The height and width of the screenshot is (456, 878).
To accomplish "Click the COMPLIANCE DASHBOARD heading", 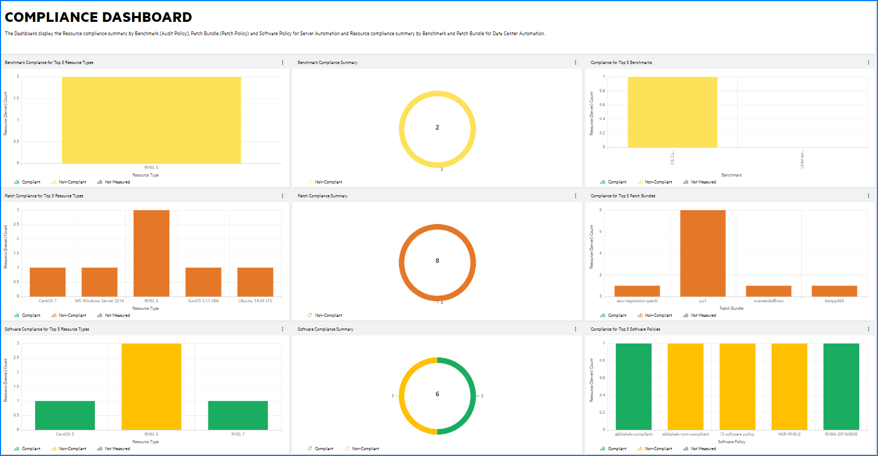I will [99, 17].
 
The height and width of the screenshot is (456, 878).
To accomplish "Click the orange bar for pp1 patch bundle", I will [703, 253].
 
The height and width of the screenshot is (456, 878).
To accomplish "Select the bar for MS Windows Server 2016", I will [100, 282].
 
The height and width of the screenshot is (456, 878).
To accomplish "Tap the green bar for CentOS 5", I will [65, 415].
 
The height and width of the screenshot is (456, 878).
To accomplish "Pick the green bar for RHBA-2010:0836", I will [841, 387].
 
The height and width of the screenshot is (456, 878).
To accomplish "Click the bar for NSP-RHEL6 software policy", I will [789, 387].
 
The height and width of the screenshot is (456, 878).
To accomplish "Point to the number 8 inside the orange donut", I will [437, 261].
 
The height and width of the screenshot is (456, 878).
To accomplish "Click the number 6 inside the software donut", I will [437, 394].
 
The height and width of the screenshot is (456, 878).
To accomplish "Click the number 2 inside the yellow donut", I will [437, 127].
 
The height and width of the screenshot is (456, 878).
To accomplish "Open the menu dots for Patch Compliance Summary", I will [575, 196].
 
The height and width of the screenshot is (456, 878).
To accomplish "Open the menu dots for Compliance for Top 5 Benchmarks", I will [868, 62].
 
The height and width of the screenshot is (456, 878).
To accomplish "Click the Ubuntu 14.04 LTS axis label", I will [255, 301].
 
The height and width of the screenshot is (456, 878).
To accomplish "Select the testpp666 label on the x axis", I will [834, 301].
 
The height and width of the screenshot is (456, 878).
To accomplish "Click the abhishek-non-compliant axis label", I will [686, 434].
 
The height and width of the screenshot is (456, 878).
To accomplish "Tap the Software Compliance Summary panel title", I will [326, 329].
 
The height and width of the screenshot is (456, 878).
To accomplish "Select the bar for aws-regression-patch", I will [637, 291].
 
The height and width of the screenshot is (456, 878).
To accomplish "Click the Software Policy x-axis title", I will [731, 442].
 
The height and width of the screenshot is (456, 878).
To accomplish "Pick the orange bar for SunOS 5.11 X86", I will [204, 282].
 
